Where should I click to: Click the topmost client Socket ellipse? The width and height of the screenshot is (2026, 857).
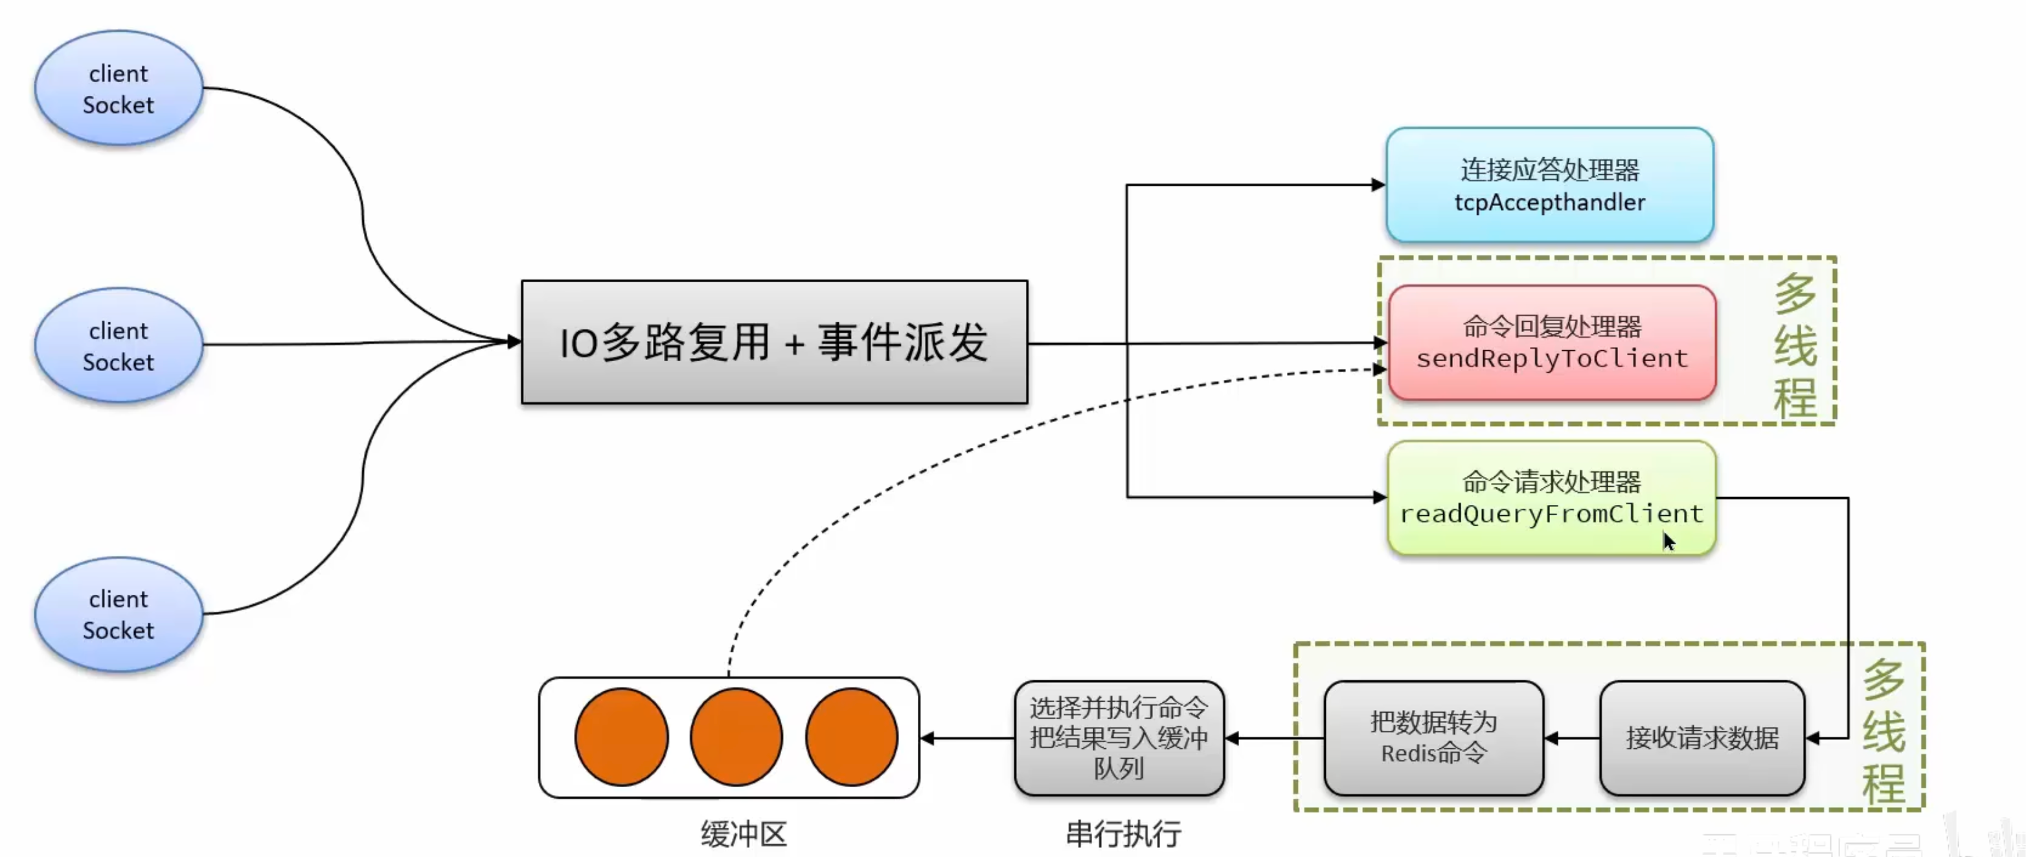[119, 88]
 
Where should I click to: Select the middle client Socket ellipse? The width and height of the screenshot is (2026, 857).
[119, 345]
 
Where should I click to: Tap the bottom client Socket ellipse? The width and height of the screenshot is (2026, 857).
[119, 614]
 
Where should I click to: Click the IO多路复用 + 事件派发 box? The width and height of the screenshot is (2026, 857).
[774, 342]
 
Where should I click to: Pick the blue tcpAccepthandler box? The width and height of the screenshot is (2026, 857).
[1549, 184]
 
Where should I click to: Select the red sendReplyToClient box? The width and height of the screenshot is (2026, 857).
[1552, 343]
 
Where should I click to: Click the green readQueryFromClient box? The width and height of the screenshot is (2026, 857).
[1552, 498]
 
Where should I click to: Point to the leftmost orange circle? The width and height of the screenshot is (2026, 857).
[621, 737]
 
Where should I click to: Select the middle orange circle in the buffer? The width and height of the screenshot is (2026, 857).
[736, 737]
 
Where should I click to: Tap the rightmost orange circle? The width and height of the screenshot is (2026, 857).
[852, 737]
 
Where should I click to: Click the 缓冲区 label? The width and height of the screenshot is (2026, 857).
[744, 834]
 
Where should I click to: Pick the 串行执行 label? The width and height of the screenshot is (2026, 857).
[1123, 834]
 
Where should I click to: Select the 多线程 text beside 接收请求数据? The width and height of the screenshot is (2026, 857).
[1884, 732]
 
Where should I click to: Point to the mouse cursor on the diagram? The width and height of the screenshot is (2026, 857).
[1669, 542]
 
